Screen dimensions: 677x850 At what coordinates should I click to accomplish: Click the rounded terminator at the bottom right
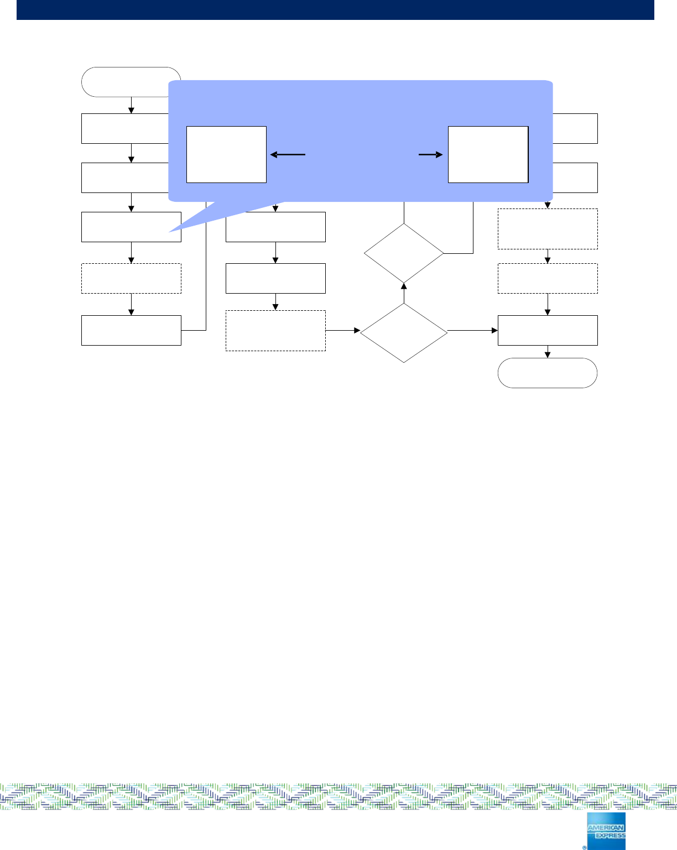[548, 373]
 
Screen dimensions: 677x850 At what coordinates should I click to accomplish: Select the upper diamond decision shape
[404, 253]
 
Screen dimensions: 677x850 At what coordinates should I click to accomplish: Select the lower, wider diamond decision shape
[404, 332]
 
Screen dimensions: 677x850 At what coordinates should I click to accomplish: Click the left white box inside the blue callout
[226, 154]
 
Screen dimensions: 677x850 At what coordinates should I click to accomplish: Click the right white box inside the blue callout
[488, 154]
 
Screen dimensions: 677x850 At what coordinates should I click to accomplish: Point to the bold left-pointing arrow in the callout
[288, 155]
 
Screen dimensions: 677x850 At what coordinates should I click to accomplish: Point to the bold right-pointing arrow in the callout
[431, 155]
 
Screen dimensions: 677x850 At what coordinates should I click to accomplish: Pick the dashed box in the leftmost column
[131, 278]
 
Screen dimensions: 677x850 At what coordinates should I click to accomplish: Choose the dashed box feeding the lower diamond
[275, 331]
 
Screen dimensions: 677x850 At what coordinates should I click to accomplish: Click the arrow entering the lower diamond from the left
[343, 331]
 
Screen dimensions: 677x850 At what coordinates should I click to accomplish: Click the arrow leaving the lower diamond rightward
[472, 331]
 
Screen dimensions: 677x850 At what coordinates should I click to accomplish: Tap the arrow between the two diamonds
[404, 293]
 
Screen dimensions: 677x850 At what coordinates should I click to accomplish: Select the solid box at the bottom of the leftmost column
[131, 330]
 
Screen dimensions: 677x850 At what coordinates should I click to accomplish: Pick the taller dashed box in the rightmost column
[548, 229]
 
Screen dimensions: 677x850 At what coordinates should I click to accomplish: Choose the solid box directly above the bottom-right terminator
[548, 330]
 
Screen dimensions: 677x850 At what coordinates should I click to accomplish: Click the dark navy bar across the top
[335, 9]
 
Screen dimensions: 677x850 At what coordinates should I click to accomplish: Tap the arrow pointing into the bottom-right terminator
[548, 352]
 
